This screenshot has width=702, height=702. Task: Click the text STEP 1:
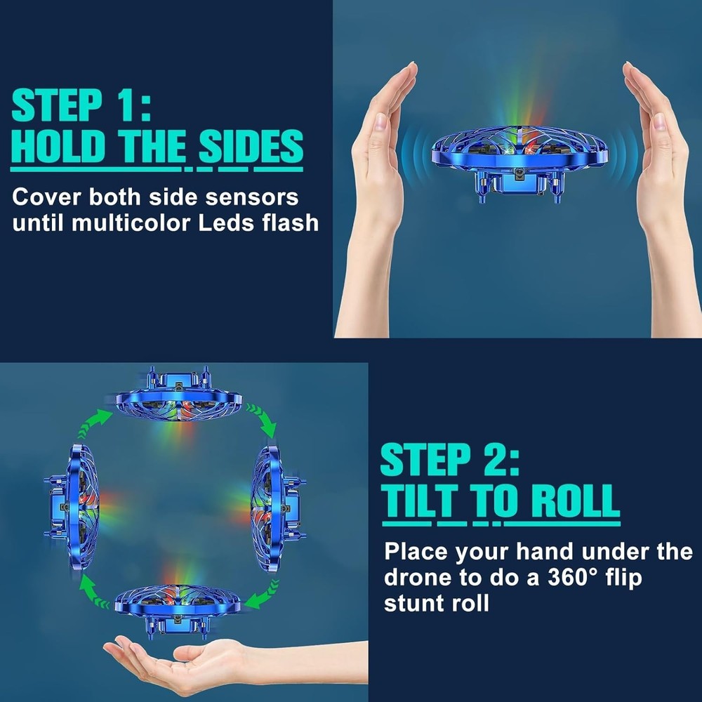coord(81,106)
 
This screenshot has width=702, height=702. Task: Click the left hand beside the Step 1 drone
coord(378,190)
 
